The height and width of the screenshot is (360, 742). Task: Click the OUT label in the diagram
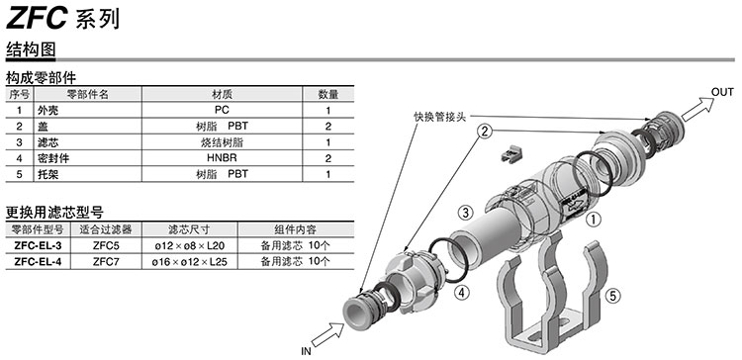(722, 92)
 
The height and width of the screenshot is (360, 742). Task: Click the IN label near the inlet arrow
(306, 351)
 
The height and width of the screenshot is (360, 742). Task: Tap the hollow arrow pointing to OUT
(698, 109)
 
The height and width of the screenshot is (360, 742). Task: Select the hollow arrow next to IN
(327, 334)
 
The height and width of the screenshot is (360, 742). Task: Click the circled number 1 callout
(594, 219)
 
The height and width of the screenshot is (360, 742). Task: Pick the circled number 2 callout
(485, 131)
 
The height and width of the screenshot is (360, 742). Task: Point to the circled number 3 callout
(466, 212)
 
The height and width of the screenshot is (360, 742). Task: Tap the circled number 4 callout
(462, 293)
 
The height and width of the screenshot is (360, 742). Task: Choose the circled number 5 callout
(612, 296)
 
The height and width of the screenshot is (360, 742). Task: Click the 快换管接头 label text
(439, 117)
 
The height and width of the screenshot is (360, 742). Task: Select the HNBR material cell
(222, 158)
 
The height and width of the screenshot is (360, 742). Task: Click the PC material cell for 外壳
(222, 110)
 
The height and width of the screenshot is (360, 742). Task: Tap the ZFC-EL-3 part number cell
(38, 246)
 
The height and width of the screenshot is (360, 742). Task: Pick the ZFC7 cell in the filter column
(106, 261)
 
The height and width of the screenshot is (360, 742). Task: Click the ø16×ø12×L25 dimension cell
(189, 262)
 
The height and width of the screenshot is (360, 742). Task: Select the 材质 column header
(222, 94)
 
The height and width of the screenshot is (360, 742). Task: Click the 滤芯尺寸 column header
(189, 229)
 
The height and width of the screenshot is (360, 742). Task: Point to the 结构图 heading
(31, 49)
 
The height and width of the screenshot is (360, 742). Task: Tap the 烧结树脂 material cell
(222, 142)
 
